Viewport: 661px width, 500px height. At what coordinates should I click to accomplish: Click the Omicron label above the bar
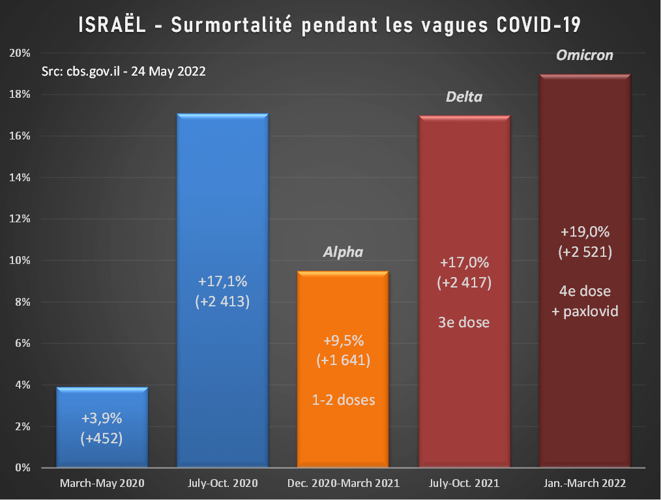coord(585,55)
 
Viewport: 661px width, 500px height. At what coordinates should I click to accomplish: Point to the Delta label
coord(464,97)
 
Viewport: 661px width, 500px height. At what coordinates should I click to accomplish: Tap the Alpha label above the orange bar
coord(343,252)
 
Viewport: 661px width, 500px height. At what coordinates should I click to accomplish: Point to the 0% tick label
coord(22,468)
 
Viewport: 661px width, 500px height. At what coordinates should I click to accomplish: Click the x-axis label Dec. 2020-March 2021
coord(343,484)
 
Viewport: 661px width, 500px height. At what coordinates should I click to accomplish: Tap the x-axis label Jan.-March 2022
coord(585,484)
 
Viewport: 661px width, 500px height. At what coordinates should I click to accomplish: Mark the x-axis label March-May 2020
coord(102,484)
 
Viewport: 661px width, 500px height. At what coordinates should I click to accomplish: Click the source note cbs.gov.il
coord(123,72)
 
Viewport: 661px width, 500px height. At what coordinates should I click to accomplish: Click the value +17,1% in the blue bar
coord(222,282)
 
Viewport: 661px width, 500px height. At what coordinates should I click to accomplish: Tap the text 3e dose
coord(464,322)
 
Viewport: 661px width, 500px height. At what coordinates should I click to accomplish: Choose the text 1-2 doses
coord(343,399)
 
